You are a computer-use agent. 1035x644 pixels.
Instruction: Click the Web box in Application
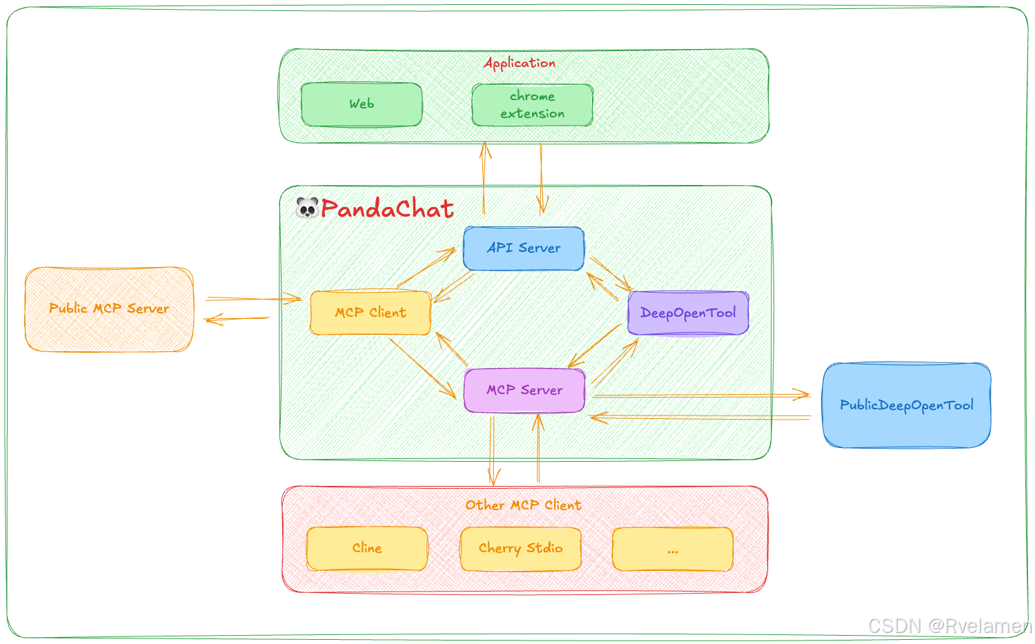click(x=362, y=104)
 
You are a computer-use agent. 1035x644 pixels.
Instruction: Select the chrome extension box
click(x=532, y=105)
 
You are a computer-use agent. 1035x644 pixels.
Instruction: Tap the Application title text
click(x=520, y=63)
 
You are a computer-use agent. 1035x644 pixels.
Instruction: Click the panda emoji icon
click(x=307, y=208)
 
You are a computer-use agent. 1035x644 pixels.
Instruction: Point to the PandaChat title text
click(x=387, y=208)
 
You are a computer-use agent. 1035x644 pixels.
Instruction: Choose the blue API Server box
click(x=524, y=248)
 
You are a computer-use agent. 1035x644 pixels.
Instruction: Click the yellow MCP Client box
click(x=371, y=313)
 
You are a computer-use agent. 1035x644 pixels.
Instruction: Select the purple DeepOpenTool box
click(x=688, y=313)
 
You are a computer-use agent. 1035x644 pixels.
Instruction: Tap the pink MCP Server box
click(x=524, y=390)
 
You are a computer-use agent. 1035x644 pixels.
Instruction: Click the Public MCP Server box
click(x=109, y=309)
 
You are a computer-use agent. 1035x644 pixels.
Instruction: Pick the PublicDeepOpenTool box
click(x=907, y=405)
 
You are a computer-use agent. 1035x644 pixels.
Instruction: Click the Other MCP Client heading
click(x=523, y=505)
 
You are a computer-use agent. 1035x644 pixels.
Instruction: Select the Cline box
click(x=367, y=548)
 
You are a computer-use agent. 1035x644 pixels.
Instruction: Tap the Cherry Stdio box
click(x=521, y=548)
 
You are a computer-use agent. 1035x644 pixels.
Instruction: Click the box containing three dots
click(x=673, y=549)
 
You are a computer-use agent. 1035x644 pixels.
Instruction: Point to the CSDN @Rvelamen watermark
click(x=949, y=625)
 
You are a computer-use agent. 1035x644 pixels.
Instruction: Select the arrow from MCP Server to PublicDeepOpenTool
click(x=700, y=396)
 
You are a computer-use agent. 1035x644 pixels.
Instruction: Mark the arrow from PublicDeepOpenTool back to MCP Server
click(x=700, y=417)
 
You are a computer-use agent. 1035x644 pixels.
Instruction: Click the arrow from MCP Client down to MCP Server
click(x=422, y=368)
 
